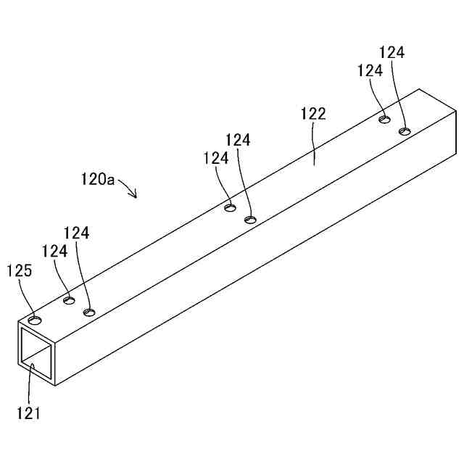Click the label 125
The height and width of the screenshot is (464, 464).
20,270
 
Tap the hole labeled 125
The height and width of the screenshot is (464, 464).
35,319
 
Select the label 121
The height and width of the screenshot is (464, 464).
29,414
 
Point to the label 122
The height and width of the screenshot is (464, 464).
313,113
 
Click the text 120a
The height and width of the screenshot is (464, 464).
97,178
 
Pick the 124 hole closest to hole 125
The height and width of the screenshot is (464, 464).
69,299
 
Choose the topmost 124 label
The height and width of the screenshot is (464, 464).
391,52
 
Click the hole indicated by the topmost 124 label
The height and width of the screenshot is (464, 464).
405,131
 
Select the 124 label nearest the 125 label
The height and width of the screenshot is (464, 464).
54,251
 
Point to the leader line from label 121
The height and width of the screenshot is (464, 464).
30,384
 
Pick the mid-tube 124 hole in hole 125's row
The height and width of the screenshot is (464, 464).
230,209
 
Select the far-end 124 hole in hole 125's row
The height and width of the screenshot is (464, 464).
385,117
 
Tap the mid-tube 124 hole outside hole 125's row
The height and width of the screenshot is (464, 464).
251,219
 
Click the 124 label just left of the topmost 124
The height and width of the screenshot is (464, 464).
369,71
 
